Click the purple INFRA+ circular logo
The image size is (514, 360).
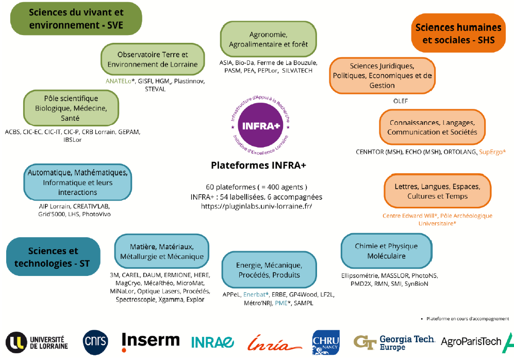tap(260, 124)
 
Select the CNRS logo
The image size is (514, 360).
tap(96, 342)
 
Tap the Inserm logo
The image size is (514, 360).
tap(151, 341)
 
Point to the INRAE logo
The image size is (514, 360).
tap(212, 342)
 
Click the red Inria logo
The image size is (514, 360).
tap(272, 342)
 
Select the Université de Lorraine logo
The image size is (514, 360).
tap(37, 342)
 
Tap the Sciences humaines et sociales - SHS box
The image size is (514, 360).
tap(458, 34)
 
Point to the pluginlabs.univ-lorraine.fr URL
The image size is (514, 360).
tap(256, 206)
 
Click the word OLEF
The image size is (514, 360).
tap(400, 101)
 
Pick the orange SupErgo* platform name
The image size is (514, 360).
tap(492, 152)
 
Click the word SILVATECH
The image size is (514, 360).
tap(295, 71)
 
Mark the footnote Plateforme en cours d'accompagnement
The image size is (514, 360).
tap(466, 318)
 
